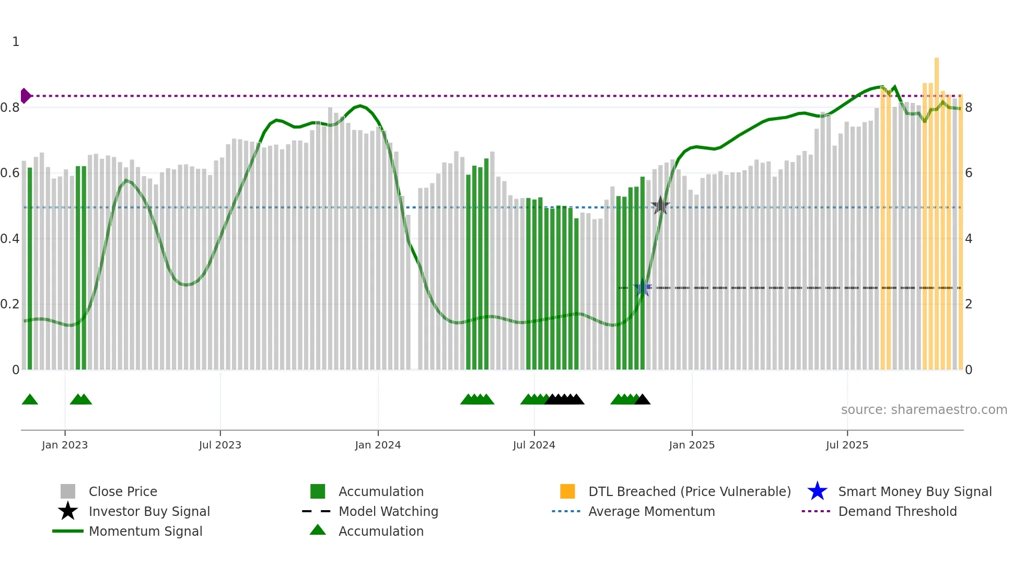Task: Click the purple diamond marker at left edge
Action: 25,96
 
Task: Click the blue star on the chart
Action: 643,288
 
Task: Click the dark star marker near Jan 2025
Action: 660,205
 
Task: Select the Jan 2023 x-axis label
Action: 65,445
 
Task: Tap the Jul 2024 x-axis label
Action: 534,445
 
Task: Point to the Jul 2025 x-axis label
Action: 847,445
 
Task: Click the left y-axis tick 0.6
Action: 10,173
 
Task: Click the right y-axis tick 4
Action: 969,239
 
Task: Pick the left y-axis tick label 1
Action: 16,42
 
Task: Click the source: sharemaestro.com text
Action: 924,410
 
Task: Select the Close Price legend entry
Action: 123,491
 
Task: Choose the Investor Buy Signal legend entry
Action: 149,511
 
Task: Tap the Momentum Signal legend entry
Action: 145,531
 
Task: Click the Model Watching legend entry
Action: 388,511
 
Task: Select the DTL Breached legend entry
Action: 689,491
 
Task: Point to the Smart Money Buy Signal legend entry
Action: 914,491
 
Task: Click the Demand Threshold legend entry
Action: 897,511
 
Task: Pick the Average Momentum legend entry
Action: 651,511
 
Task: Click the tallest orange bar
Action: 937,209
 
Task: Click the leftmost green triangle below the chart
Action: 30,400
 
